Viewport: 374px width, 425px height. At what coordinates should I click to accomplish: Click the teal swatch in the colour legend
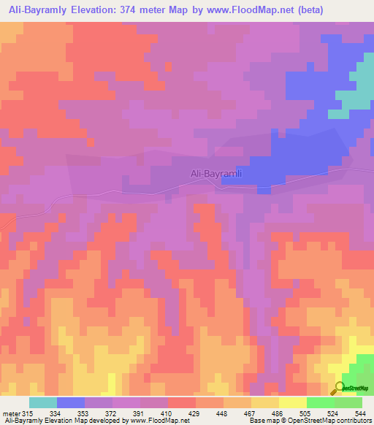tap(42, 403)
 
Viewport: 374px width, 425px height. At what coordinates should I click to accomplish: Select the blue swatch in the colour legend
tap(71, 403)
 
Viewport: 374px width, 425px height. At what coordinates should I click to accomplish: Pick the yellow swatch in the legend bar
tap(292, 403)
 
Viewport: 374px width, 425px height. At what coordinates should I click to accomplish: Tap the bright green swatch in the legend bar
tap(320, 403)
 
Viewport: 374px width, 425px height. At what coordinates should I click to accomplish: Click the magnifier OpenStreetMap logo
tap(339, 388)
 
